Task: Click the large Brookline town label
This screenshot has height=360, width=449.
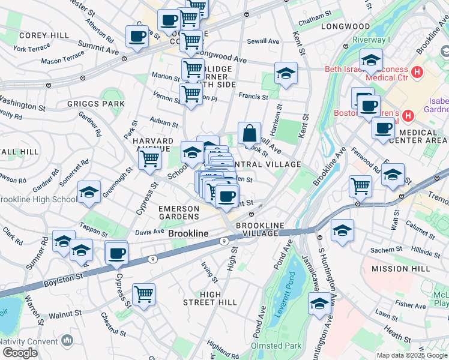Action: tap(188, 233)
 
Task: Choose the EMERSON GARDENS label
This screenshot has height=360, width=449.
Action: tap(178, 212)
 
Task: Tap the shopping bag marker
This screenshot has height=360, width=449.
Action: tap(249, 133)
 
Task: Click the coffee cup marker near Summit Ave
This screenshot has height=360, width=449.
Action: tap(137, 36)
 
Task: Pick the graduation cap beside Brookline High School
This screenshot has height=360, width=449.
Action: tap(89, 192)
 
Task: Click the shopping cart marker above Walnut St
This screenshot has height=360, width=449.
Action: tap(143, 294)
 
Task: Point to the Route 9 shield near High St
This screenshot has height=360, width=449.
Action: tap(224, 241)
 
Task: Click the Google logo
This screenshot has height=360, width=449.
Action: tap(19, 353)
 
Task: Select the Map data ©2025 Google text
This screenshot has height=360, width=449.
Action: tap(411, 355)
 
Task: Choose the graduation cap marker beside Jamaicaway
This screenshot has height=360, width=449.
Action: tap(319, 304)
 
